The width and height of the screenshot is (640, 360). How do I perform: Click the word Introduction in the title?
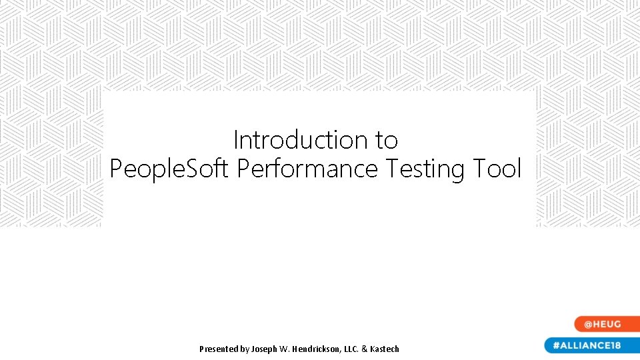pyautogui.click(x=300, y=141)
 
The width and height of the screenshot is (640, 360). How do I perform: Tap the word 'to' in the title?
pyautogui.click(x=386, y=141)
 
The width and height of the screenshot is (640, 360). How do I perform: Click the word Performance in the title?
pyautogui.click(x=307, y=169)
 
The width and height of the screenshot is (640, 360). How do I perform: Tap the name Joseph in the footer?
pyautogui.click(x=265, y=349)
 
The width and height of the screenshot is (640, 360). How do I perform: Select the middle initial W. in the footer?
pyautogui.click(x=289, y=349)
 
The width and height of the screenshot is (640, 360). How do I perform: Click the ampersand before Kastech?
pyautogui.click(x=365, y=349)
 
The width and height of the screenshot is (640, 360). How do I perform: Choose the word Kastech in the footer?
pyautogui.click(x=385, y=349)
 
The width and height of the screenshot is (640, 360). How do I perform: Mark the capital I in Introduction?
pyautogui.click(x=236, y=141)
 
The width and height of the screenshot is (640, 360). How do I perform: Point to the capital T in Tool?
pyautogui.click(x=479, y=169)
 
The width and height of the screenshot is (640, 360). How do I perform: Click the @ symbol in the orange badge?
pyautogui.click(x=589, y=325)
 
